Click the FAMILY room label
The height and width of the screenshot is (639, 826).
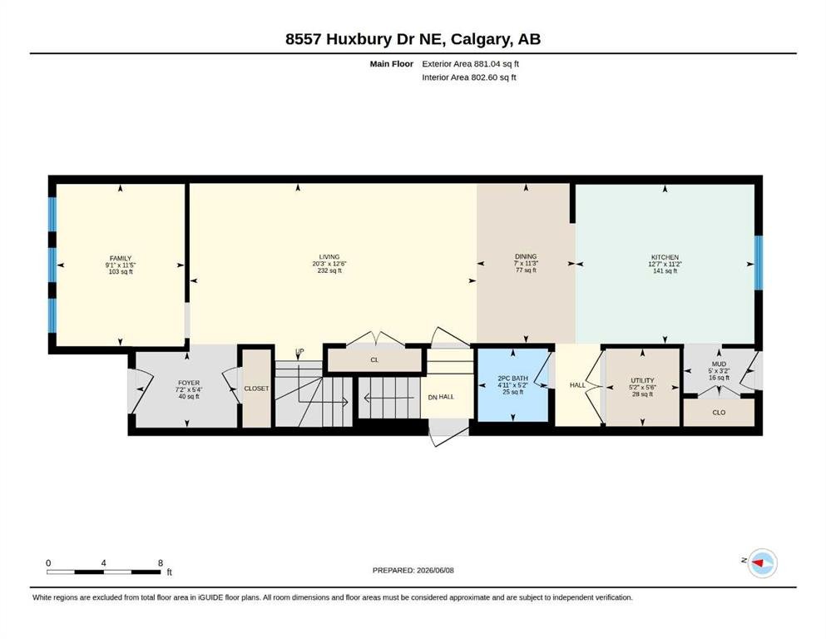point(121,259)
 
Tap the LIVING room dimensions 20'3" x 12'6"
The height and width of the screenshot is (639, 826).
point(329,264)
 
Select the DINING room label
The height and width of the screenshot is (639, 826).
point(526,256)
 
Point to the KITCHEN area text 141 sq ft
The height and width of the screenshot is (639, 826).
point(665,270)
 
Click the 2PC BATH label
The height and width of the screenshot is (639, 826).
point(512,379)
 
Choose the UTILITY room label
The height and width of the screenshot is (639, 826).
point(642,380)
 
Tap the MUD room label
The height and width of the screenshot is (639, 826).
point(719,364)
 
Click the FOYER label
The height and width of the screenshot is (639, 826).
point(189,383)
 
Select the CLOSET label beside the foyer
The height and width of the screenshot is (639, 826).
point(256,389)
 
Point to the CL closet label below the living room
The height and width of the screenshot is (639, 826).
point(374,359)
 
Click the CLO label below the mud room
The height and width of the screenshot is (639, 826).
point(719,413)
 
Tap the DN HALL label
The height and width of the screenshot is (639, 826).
point(441,397)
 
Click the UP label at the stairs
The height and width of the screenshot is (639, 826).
point(299,352)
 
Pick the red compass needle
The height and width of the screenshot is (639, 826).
point(758,563)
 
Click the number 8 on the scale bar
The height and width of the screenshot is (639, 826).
point(161,562)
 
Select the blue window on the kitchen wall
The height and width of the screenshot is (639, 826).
point(759,262)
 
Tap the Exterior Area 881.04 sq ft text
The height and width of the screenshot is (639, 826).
point(471,64)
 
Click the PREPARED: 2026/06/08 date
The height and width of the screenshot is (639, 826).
point(413,570)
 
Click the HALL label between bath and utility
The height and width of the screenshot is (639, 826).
point(577,385)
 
